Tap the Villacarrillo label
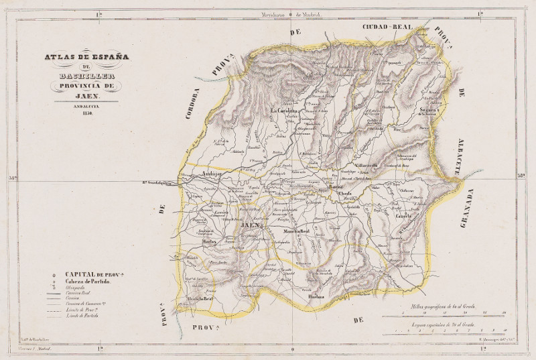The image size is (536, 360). [366, 165]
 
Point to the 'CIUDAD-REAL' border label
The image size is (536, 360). [387, 26]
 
